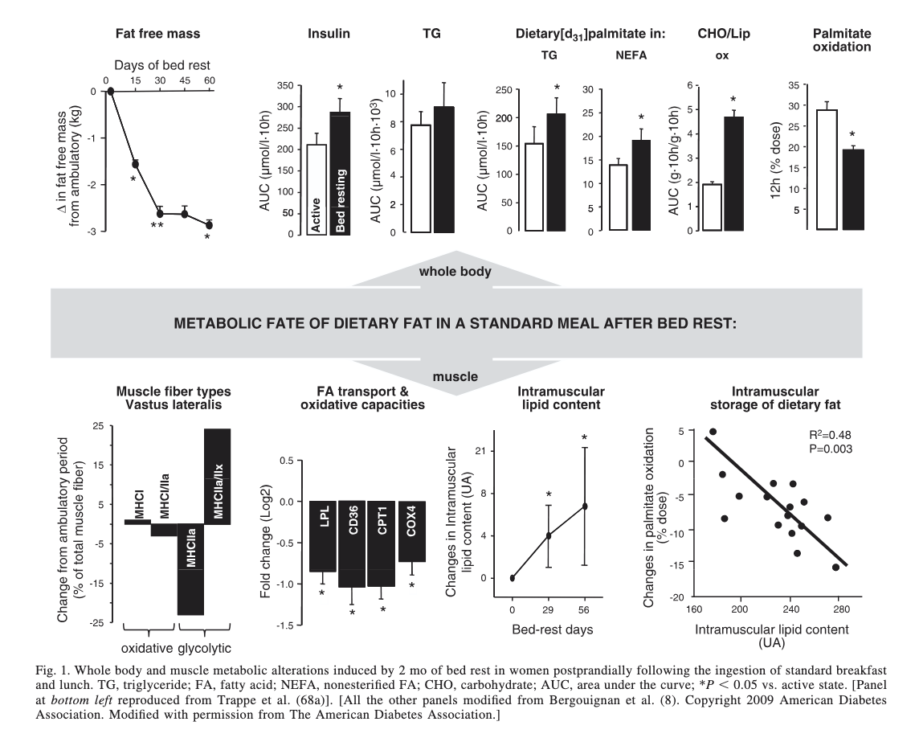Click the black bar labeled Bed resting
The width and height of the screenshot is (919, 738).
point(341,173)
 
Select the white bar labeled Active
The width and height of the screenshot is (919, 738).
point(317,190)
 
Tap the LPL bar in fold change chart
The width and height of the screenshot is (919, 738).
point(323,536)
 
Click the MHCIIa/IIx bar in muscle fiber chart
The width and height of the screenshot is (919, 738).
point(217,476)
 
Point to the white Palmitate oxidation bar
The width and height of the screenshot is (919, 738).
point(826,170)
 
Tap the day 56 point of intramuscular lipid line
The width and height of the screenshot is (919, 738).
point(585,506)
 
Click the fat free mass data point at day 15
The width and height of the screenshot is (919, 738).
point(135,164)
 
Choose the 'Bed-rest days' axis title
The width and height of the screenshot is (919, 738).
point(553,629)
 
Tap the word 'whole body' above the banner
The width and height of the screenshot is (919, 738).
point(455,272)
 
